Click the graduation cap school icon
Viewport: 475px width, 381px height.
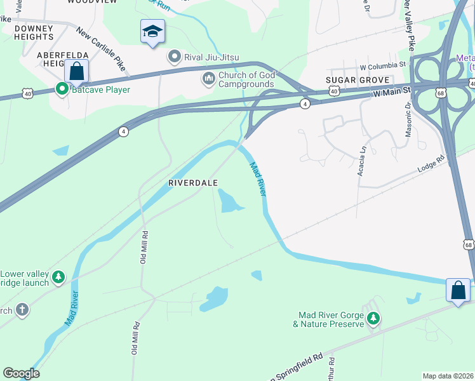[152, 31]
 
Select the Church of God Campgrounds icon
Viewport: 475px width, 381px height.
[208, 78]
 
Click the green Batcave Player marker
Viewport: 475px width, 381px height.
[62, 90]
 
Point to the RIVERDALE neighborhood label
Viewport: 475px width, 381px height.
[193, 182]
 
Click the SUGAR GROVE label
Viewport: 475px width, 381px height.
[351, 80]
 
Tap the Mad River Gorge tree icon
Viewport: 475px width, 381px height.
[373, 319]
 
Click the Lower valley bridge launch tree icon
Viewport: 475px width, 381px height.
[58, 277]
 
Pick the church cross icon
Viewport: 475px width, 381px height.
[22, 311]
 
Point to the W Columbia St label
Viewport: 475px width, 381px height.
[382, 65]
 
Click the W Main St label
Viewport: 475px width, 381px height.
[392, 93]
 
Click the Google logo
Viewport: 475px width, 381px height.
[21, 373]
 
